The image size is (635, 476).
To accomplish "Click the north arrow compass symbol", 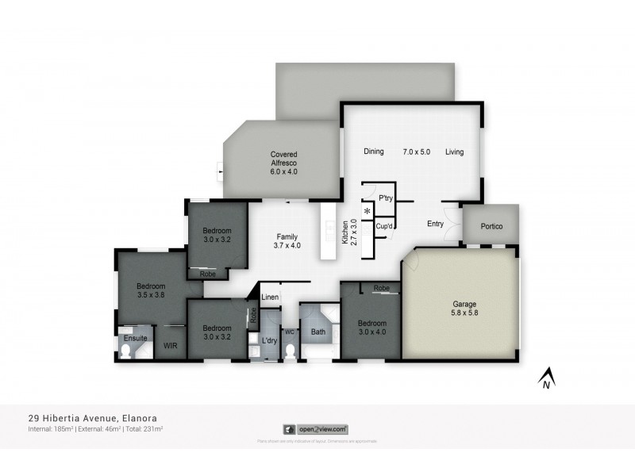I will [546, 379].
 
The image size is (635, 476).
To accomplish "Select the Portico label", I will [491, 225].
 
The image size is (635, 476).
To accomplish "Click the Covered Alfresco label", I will [283, 163].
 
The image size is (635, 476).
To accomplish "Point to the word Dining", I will [374, 152].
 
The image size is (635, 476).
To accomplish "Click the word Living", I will [454, 152].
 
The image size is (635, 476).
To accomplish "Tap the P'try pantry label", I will [386, 198].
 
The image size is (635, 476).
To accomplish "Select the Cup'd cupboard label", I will [385, 225].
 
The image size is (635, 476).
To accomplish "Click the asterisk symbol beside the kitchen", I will [367, 212].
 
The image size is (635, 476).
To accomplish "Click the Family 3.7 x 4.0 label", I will [287, 241].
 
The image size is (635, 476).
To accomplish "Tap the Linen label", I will [270, 297].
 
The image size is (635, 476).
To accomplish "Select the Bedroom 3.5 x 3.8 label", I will [150, 290].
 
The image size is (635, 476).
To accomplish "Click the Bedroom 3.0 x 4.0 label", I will [371, 328].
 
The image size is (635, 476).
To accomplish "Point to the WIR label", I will [170, 347].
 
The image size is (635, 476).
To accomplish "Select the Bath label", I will [318, 332].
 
